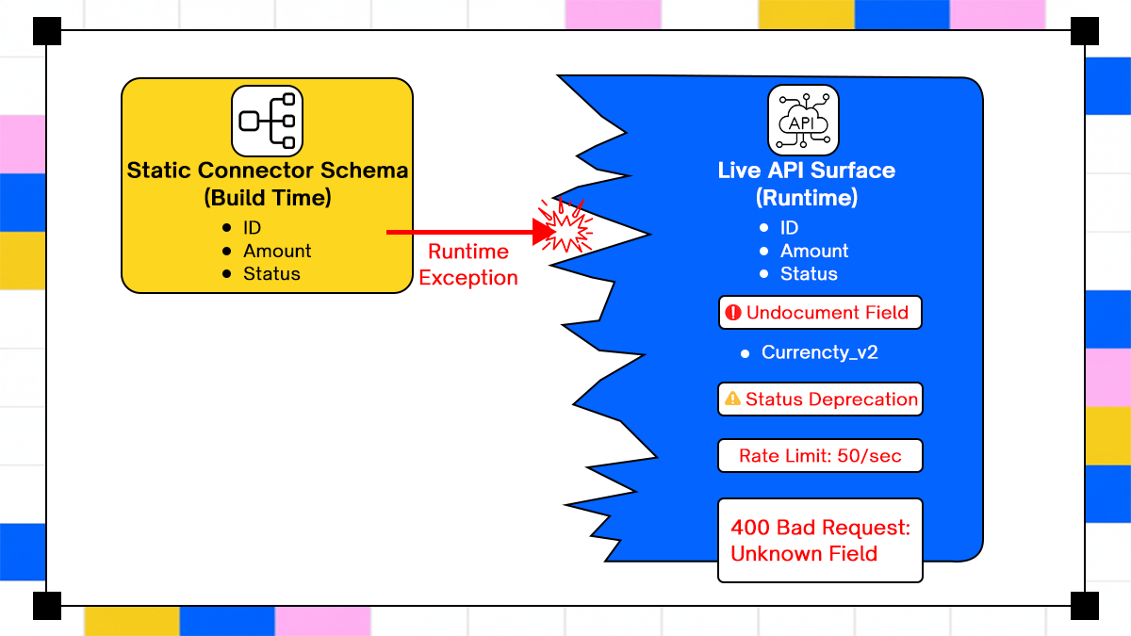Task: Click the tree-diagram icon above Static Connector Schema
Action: click(x=268, y=121)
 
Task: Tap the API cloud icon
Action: click(x=802, y=121)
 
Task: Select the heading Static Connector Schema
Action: click(x=268, y=171)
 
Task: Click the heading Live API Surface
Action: click(x=807, y=171)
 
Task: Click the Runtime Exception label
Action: click(x=468, y=265)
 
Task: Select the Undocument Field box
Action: click(x=820, y=313)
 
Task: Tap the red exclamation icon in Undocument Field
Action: click(x=734, y=313)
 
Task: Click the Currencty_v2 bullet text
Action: click(x=820, y=352)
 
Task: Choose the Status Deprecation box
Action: click(x=820, y=400)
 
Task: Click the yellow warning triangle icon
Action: click(x=732, y=400)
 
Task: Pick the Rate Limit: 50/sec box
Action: click(x=820, y=456)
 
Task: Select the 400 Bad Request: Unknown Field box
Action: click(x=820, y=540)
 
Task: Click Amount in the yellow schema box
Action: click(x=277, y=251)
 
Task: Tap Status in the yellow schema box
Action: click(x=271, y=273)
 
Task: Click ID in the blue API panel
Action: click(x=789, y=228)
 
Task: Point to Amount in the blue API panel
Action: click(x=814, y=251)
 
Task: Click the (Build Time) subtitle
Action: click(x=267, y=198)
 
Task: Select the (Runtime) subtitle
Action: click(x=807, y=198)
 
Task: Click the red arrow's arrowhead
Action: click(x=544, y=232)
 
